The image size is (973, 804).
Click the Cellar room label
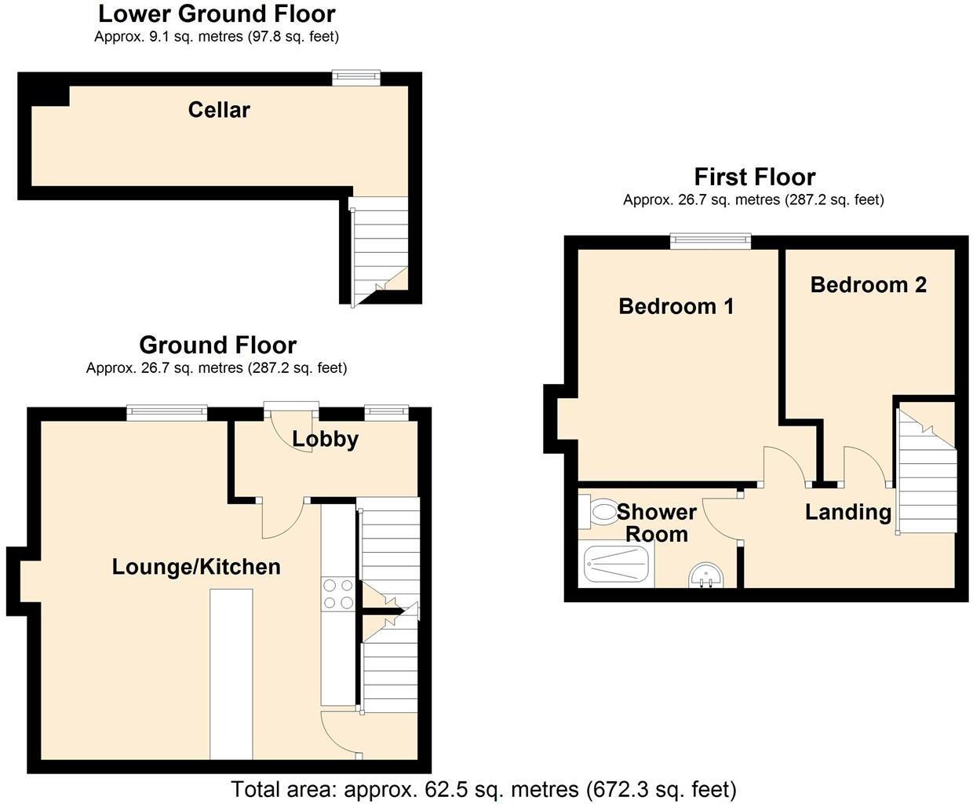tap(219, 110)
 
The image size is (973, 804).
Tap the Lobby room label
tap(325, 439)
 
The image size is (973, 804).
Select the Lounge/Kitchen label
tap(196, 567)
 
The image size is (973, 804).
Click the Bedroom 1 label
tap(676, 306)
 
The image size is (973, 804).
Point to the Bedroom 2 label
tap(868, 284)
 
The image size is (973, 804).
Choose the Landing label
tap(848, 513)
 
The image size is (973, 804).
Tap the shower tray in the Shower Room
tap(617, 565)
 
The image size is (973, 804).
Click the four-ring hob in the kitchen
tap(337, 594)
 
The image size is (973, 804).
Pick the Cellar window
tap(355, 77)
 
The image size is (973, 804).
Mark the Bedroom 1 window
tap(710, 241)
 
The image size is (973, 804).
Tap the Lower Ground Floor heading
tap(217, 13)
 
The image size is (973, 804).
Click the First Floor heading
tap(754, 177)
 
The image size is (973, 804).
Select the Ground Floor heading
tap(217, 345)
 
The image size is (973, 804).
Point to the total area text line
tap(483, 788)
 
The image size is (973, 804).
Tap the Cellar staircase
tap(380, 247)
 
